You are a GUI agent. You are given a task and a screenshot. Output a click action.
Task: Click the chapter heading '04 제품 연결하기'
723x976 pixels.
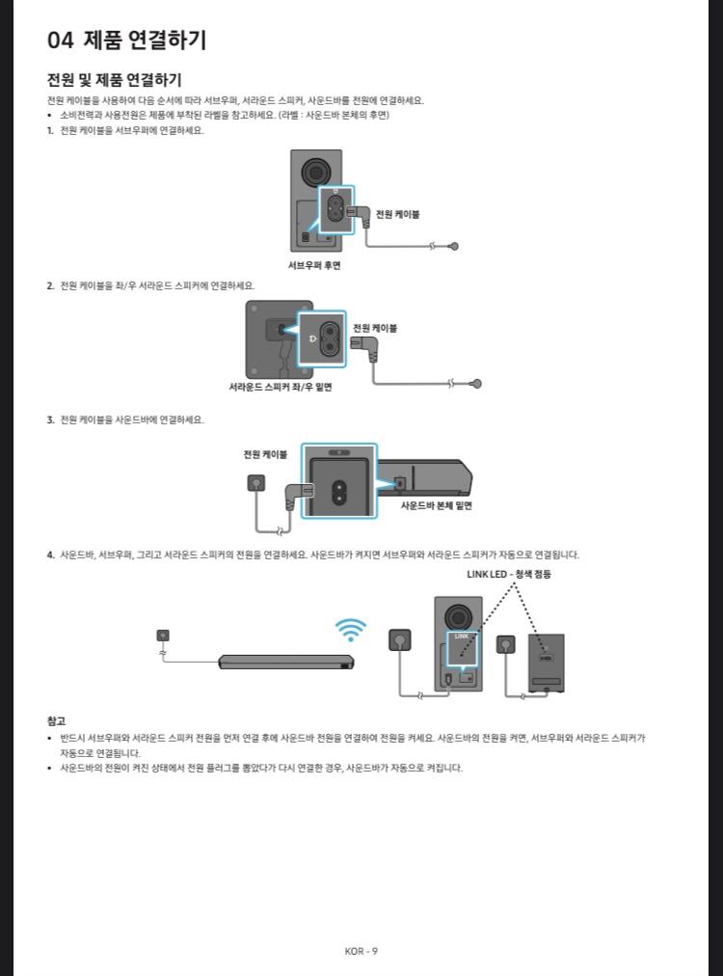click(126, 41)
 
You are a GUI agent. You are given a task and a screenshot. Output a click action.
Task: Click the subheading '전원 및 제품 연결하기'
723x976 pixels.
click(115, 79)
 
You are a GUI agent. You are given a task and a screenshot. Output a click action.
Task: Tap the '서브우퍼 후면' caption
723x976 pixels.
click(314, 265)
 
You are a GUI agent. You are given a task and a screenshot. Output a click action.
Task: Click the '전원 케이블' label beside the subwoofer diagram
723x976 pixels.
click(397, 214)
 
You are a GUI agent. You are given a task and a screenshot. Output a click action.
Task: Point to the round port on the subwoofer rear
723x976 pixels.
click(315, 172)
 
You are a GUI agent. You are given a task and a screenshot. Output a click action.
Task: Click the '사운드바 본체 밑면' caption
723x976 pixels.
click(437, 504)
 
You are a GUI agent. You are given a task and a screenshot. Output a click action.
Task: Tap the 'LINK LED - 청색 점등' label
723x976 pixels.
click(509, 574)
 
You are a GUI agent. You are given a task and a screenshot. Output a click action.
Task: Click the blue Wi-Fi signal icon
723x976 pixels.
click(351, 630)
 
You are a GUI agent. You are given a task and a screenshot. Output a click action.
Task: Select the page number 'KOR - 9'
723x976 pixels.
click(361, 951)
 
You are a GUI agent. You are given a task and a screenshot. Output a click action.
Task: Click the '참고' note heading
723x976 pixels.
click(56, 720)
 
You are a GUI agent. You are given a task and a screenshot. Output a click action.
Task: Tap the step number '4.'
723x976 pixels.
click(51, 555)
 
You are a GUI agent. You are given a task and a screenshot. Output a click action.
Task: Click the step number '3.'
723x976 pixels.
click(51, 420)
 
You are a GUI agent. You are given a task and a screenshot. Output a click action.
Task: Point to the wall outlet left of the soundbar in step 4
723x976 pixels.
click(163, 635)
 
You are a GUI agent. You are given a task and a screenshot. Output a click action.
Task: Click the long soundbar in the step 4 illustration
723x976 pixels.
click(285, 663)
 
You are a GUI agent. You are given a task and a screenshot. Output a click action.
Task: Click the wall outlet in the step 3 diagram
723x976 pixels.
click(255, 483)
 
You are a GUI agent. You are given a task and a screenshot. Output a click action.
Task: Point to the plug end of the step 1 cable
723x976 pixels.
click(454, 246)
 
